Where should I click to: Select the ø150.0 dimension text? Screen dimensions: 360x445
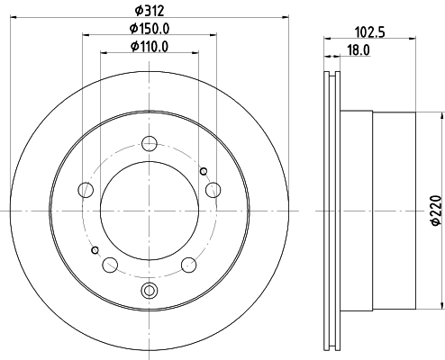click(149, 29)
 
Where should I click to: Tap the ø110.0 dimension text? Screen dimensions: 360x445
click(149, 46)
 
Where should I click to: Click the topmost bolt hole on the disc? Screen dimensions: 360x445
click(150, 141)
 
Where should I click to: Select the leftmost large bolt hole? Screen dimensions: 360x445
click(86, 189)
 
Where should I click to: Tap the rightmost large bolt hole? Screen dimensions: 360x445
click(213, 189)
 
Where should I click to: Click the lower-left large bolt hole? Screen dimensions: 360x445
click(110, 265)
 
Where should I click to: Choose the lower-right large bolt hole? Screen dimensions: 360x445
click(189, 265)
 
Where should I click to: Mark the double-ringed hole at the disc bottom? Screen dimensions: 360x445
click(150, 290)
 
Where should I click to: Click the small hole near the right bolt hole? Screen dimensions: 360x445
click(204, 173)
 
